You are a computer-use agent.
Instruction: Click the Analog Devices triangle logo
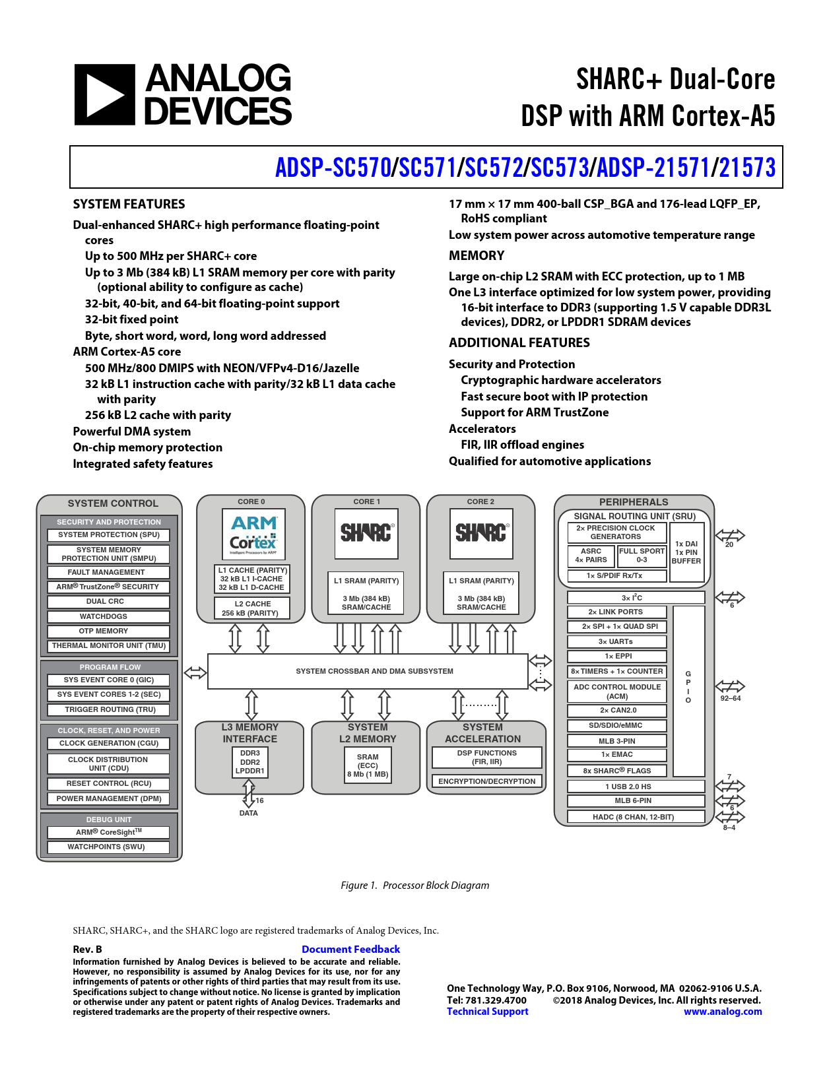click(104, 94)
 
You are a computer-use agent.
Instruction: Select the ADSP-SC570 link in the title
click(333, 168)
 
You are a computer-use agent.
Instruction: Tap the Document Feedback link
click(350, 949)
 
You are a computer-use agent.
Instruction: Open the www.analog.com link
click(722, 1011)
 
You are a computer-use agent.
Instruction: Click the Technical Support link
click(487, 1011)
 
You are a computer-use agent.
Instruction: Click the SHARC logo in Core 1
click(367, 533)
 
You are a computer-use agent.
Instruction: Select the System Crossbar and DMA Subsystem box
click(368, 671)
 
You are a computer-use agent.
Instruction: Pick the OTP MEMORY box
click(108, 631)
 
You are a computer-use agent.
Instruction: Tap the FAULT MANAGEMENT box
click(108, 572)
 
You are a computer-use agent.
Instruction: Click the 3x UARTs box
click(616, 641)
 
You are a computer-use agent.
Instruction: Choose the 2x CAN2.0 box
click(616, 710)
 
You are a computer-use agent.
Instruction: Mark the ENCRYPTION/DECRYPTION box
click(487, 781)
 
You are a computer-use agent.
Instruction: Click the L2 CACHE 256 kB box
click(253, 608)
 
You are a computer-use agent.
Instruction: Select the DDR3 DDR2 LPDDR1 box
click(250, 762)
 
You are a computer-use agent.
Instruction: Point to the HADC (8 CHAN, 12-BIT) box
click(634, 817)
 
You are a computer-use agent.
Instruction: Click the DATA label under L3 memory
click(249, 813)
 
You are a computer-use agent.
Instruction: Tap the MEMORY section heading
click(477, 255)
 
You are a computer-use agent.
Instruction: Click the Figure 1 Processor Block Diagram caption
click(414, 885)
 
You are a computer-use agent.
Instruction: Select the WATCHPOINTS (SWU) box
click(108, 847)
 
